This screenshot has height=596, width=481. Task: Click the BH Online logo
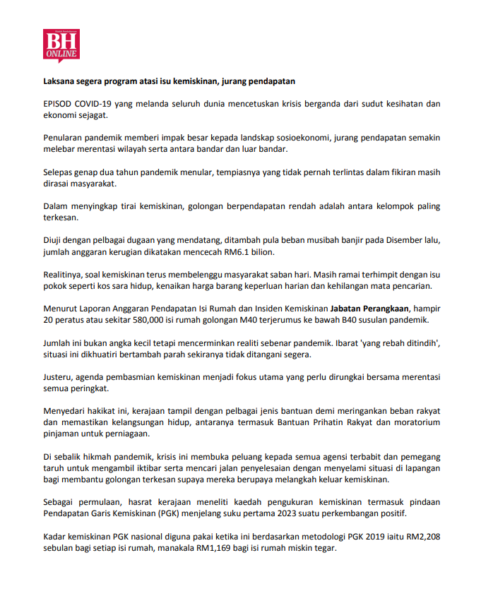(x=61, y=45)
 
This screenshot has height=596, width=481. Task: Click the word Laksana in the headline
(x=59, y=81)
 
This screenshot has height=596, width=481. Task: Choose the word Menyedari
(x=65, y=411)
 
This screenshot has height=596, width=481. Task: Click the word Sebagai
(x=61, y=501)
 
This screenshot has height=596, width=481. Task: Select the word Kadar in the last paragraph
(x=57, y=536)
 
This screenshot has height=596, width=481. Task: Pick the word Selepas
(x=61, y=172)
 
